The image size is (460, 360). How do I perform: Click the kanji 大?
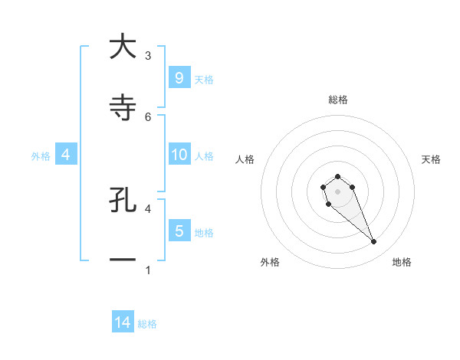122,47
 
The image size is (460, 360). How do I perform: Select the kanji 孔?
122,201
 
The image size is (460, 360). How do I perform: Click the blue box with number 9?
179,78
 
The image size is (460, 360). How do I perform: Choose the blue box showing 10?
179,155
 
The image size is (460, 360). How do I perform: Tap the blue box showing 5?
179,231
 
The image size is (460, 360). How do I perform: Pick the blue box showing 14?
123,323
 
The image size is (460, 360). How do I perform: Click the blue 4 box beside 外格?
65,155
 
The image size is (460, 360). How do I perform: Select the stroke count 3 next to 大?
148,55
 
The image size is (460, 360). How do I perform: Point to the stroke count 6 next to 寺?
148,116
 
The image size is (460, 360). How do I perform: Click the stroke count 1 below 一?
148,270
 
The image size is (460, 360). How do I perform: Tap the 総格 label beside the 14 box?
147,324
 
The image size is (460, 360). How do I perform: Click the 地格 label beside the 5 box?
204,232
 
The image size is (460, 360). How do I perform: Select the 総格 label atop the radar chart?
337,100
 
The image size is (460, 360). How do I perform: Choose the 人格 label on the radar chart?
245,159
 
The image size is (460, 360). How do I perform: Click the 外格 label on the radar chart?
270,262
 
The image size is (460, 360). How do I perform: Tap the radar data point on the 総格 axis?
337,176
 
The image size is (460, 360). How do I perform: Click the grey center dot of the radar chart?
337,191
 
